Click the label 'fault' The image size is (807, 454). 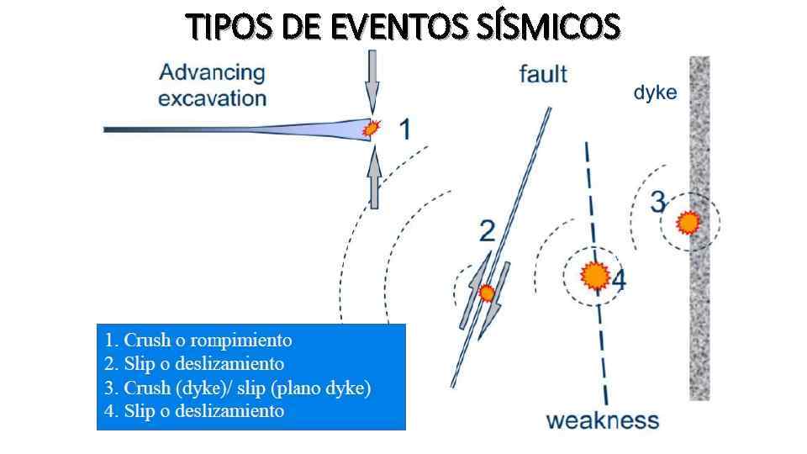tap(543, 74)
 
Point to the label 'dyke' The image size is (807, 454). tap(654, 92)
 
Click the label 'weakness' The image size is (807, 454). tap(603, 420)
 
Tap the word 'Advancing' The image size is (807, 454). tap(212, 72)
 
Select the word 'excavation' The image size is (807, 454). tap(212, 98)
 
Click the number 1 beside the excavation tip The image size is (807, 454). tap(403, 129)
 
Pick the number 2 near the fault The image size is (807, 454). tap(487, 230)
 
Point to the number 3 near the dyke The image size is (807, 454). tap(658, 202)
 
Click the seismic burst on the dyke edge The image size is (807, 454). tap(688, 223)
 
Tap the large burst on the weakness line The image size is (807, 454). tap(595, 275)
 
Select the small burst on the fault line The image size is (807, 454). tap(486, 293)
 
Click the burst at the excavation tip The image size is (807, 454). tap(371, 128)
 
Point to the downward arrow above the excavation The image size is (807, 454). tap(372, 84)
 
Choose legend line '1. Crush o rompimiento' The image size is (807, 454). tap(198, 340)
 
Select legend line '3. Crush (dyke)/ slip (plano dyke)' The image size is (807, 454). tap(237, 388)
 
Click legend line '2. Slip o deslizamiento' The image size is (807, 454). tap(193, 364)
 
